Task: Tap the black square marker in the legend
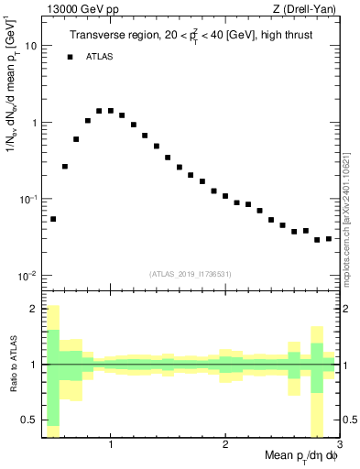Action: (x=70, y=57)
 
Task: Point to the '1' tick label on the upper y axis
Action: (x=34, y=122)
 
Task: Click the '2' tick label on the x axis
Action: (x=225, y=446)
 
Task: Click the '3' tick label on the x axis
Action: (x=339, y=446)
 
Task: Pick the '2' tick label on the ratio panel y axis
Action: (x=34, y=309)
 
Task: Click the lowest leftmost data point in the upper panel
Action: (x=53, y=219)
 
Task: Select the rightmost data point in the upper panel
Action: (x=329, y=239)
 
